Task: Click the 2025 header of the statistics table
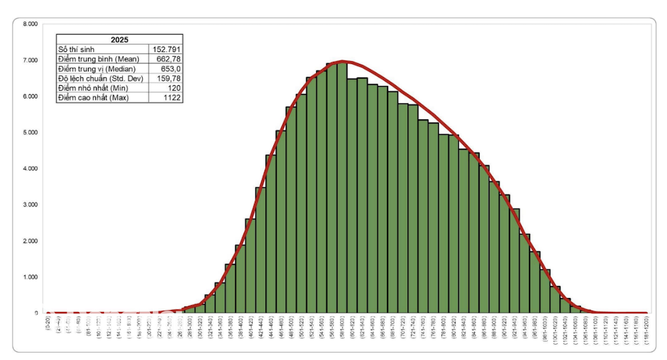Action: (x=119, y=39)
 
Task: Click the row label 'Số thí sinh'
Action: (x=74, y=49)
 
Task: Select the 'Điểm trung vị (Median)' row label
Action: (x=97, y=69)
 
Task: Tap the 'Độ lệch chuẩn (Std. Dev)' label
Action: (x=100, y=79)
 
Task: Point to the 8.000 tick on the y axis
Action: (x=30, y=24)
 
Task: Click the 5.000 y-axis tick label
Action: (x=30, y=132)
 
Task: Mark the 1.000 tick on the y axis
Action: (x=30, y=277)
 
